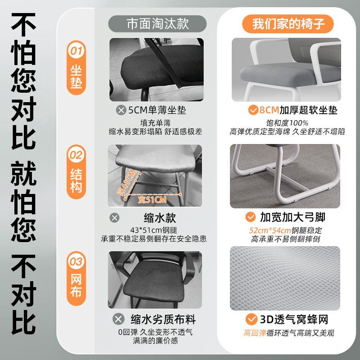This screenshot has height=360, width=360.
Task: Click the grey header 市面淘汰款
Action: coord(157,24)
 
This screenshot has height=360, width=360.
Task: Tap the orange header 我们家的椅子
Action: coord(288,24)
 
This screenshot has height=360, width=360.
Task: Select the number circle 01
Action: coord(76,51)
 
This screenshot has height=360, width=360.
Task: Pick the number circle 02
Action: coord(76,155)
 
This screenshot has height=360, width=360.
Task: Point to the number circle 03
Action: coord(76,261)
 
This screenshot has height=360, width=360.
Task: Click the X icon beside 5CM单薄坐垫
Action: coord(121,110)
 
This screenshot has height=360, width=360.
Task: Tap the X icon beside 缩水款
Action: coord(114,218)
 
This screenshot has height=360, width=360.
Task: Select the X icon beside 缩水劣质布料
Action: coord(118,319)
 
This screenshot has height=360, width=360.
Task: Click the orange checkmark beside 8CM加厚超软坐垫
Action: coord(253,110)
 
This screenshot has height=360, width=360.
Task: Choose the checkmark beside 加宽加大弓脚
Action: coord(251,217)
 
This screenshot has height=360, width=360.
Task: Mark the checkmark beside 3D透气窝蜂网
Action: coord(251,319)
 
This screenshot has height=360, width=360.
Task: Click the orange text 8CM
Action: coord(269,110)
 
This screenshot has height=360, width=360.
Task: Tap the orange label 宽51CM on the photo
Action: coord(152,200)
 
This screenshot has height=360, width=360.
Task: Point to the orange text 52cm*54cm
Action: coord(270,230)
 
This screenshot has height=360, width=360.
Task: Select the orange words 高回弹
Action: coord(255,333)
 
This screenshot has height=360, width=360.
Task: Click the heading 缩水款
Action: coord(160,218)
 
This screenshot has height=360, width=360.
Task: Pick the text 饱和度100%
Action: coord(287,123)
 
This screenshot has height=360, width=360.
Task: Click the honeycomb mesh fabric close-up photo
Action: coord(285,278)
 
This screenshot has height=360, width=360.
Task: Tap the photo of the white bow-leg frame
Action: coord(285,176)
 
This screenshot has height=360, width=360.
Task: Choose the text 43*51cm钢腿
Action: coord(153,230)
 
